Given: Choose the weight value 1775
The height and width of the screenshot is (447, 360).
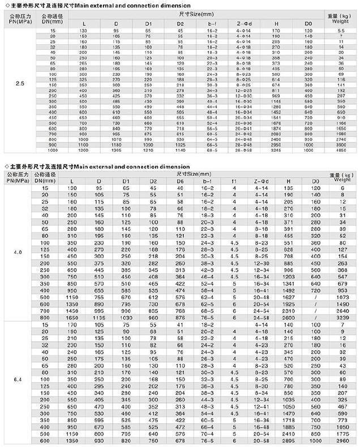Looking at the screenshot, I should [x=340, y=432].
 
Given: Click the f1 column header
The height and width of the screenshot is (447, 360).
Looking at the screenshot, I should [x=234, y=181].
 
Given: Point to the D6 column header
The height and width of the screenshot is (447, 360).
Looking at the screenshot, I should [x=180, y=181].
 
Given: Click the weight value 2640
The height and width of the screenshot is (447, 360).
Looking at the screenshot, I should [x=340, y=310].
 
